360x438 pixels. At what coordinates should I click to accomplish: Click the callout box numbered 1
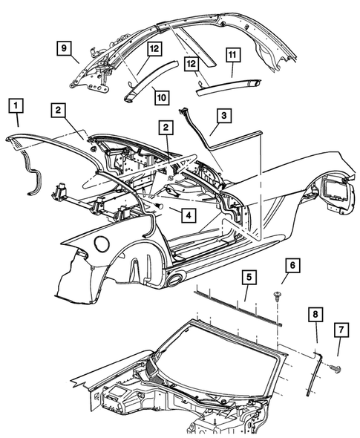tap(16, 105)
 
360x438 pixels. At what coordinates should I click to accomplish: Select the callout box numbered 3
tap(223, 115)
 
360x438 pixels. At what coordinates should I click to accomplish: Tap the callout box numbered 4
tap(189, 215)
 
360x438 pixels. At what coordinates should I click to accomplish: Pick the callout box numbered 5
tap(249, 277)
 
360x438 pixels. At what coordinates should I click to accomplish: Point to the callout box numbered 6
tap(292, 265)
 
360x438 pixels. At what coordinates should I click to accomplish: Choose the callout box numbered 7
tap(341, 330)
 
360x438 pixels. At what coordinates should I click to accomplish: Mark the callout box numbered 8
tap(315, 314)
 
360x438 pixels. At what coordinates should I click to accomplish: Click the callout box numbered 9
tap(65, 48)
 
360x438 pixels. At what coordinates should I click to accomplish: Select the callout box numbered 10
tap(162, 97)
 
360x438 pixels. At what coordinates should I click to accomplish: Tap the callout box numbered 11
tap(232, 55)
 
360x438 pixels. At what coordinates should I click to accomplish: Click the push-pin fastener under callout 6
tap(277, 296)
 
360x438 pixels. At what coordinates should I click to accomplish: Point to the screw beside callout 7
tap(336, 369)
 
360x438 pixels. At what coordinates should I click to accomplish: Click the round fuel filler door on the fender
tap(102, 243)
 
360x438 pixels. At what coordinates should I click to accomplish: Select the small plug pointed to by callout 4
tap(159, 206)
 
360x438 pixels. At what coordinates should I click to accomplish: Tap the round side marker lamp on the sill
tap(176, 279)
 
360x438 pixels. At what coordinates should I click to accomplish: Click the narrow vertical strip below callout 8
tap(314, 375)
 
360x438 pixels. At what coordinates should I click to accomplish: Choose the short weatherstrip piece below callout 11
tap(228, 87)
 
